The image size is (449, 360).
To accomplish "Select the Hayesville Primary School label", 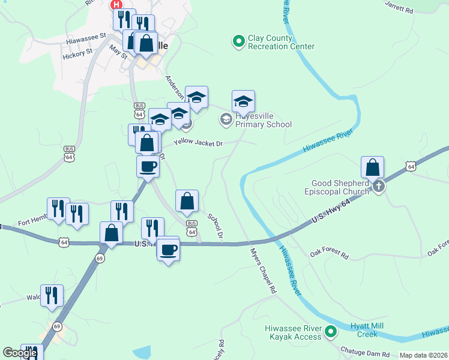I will (x=263, y=120).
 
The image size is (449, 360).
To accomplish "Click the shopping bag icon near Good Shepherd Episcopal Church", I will (x=373, y=167).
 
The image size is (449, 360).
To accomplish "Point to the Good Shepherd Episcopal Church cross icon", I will (x=378, y=187).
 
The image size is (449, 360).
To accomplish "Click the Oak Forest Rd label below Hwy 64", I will (x=329, y=254).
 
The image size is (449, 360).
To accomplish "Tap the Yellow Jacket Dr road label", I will (x=198, y=143).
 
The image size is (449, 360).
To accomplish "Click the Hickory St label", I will (x=77, y=52).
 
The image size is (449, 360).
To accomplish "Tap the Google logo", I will (x=20, y=353).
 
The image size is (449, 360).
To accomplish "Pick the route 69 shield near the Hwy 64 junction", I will (x=100, y=257).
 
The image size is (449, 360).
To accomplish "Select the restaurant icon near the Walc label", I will (x=52, y=295).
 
